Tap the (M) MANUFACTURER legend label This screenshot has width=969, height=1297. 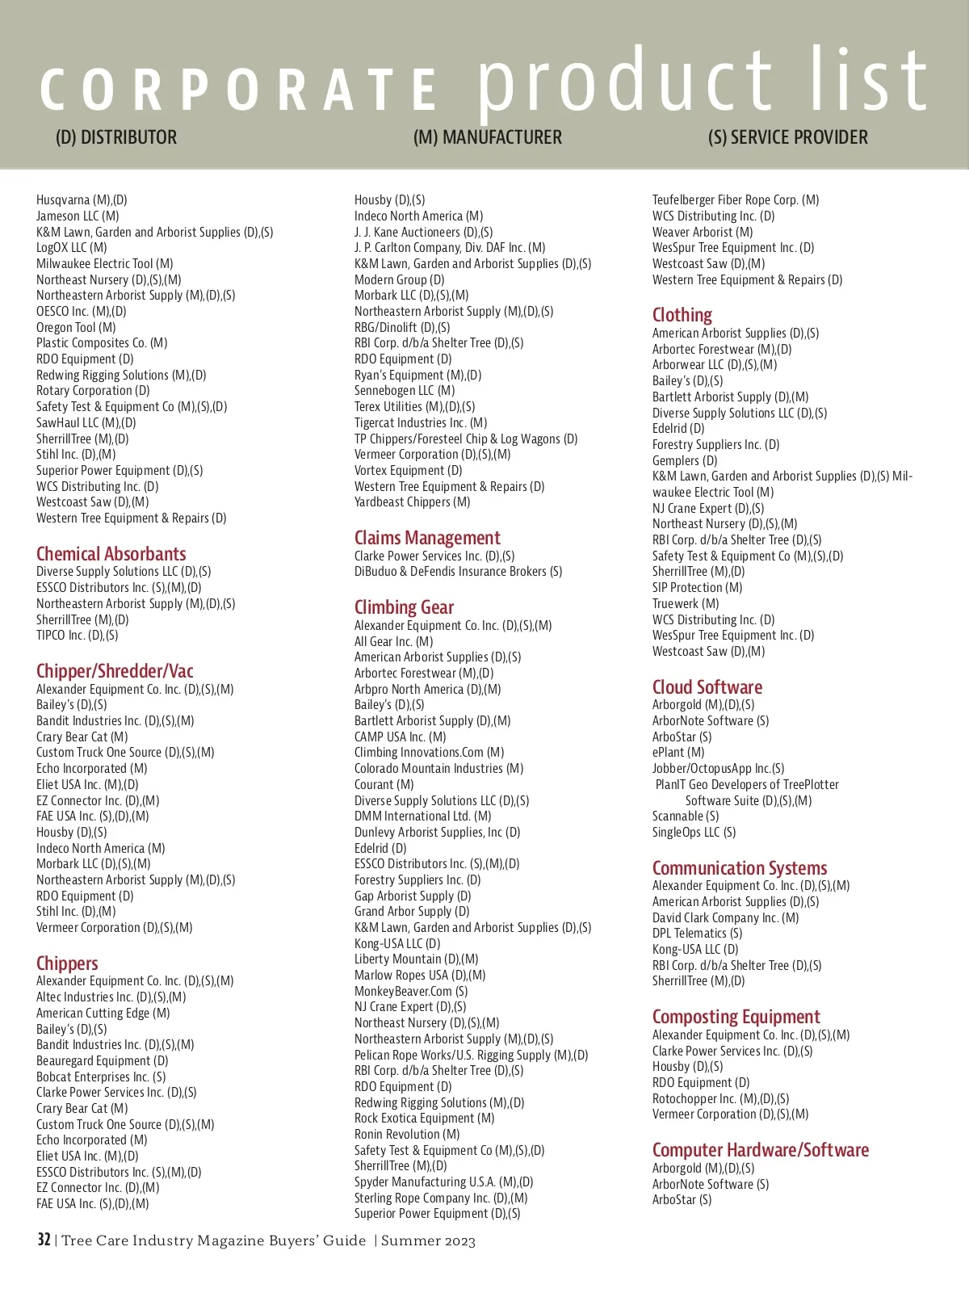[x=487, y=138]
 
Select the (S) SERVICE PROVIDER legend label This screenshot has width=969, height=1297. [x=787, y=138]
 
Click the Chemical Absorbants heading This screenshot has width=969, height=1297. [x=111, y=554]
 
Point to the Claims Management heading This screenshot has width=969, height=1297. [x=427, y=538]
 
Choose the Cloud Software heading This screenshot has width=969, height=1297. [x=707, y=687]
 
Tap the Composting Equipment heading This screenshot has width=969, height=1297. [x=736, y=1017]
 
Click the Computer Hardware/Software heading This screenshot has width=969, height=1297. [x=761, y=1150]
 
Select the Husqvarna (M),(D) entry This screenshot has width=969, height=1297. [x=82, y=200]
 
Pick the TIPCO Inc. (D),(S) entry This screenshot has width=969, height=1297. [x=77, y=636]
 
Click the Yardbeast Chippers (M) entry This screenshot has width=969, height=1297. [x=412, y=502]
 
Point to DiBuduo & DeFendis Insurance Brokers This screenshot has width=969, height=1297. [x=458, y=572]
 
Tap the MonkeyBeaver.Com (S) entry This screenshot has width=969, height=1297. [x=411, y=992]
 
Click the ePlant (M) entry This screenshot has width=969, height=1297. [x=678, y=753]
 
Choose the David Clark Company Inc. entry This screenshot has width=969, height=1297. [x=725, y=918]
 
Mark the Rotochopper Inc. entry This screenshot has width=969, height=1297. [x=720, y=1099]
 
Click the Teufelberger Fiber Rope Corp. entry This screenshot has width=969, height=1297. [x=735, y=200]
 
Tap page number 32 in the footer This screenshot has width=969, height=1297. [x=44, y=1240]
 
